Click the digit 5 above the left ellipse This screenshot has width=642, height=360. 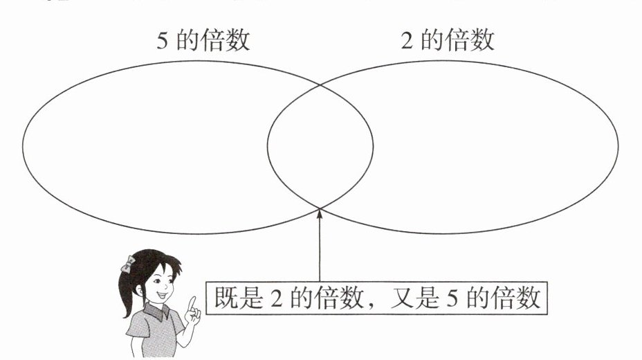[x=162, y=40]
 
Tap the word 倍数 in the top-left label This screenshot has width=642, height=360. [x=226, y=40]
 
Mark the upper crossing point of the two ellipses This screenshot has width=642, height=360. [x=320, y=84]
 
